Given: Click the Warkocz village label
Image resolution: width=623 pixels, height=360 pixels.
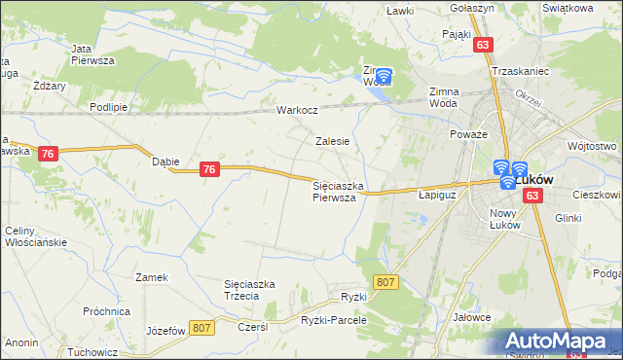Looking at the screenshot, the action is pos(297,110).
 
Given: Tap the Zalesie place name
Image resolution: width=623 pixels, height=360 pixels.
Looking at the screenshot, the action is pos(332,141).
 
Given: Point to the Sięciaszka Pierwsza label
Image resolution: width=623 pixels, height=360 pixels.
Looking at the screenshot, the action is pos(338,191).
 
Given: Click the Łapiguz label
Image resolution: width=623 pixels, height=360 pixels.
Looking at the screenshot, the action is pos(437,195).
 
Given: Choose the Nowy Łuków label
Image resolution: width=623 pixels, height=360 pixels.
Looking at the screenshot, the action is pos(507,219).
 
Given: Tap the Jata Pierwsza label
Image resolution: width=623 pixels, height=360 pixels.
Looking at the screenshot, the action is pos(92,54).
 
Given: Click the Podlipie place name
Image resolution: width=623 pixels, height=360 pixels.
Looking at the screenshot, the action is pos(108,107).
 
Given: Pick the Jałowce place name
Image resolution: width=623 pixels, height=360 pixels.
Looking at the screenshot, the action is pos(472,318).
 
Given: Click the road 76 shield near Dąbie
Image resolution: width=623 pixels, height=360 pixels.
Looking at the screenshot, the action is pos(208,169).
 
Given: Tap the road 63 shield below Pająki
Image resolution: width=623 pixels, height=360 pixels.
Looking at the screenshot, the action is pos(484,45).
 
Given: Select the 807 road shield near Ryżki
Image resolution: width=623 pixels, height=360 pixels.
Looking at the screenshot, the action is pos(386,282).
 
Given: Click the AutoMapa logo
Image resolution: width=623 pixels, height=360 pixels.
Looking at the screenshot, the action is pos(560,342).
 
